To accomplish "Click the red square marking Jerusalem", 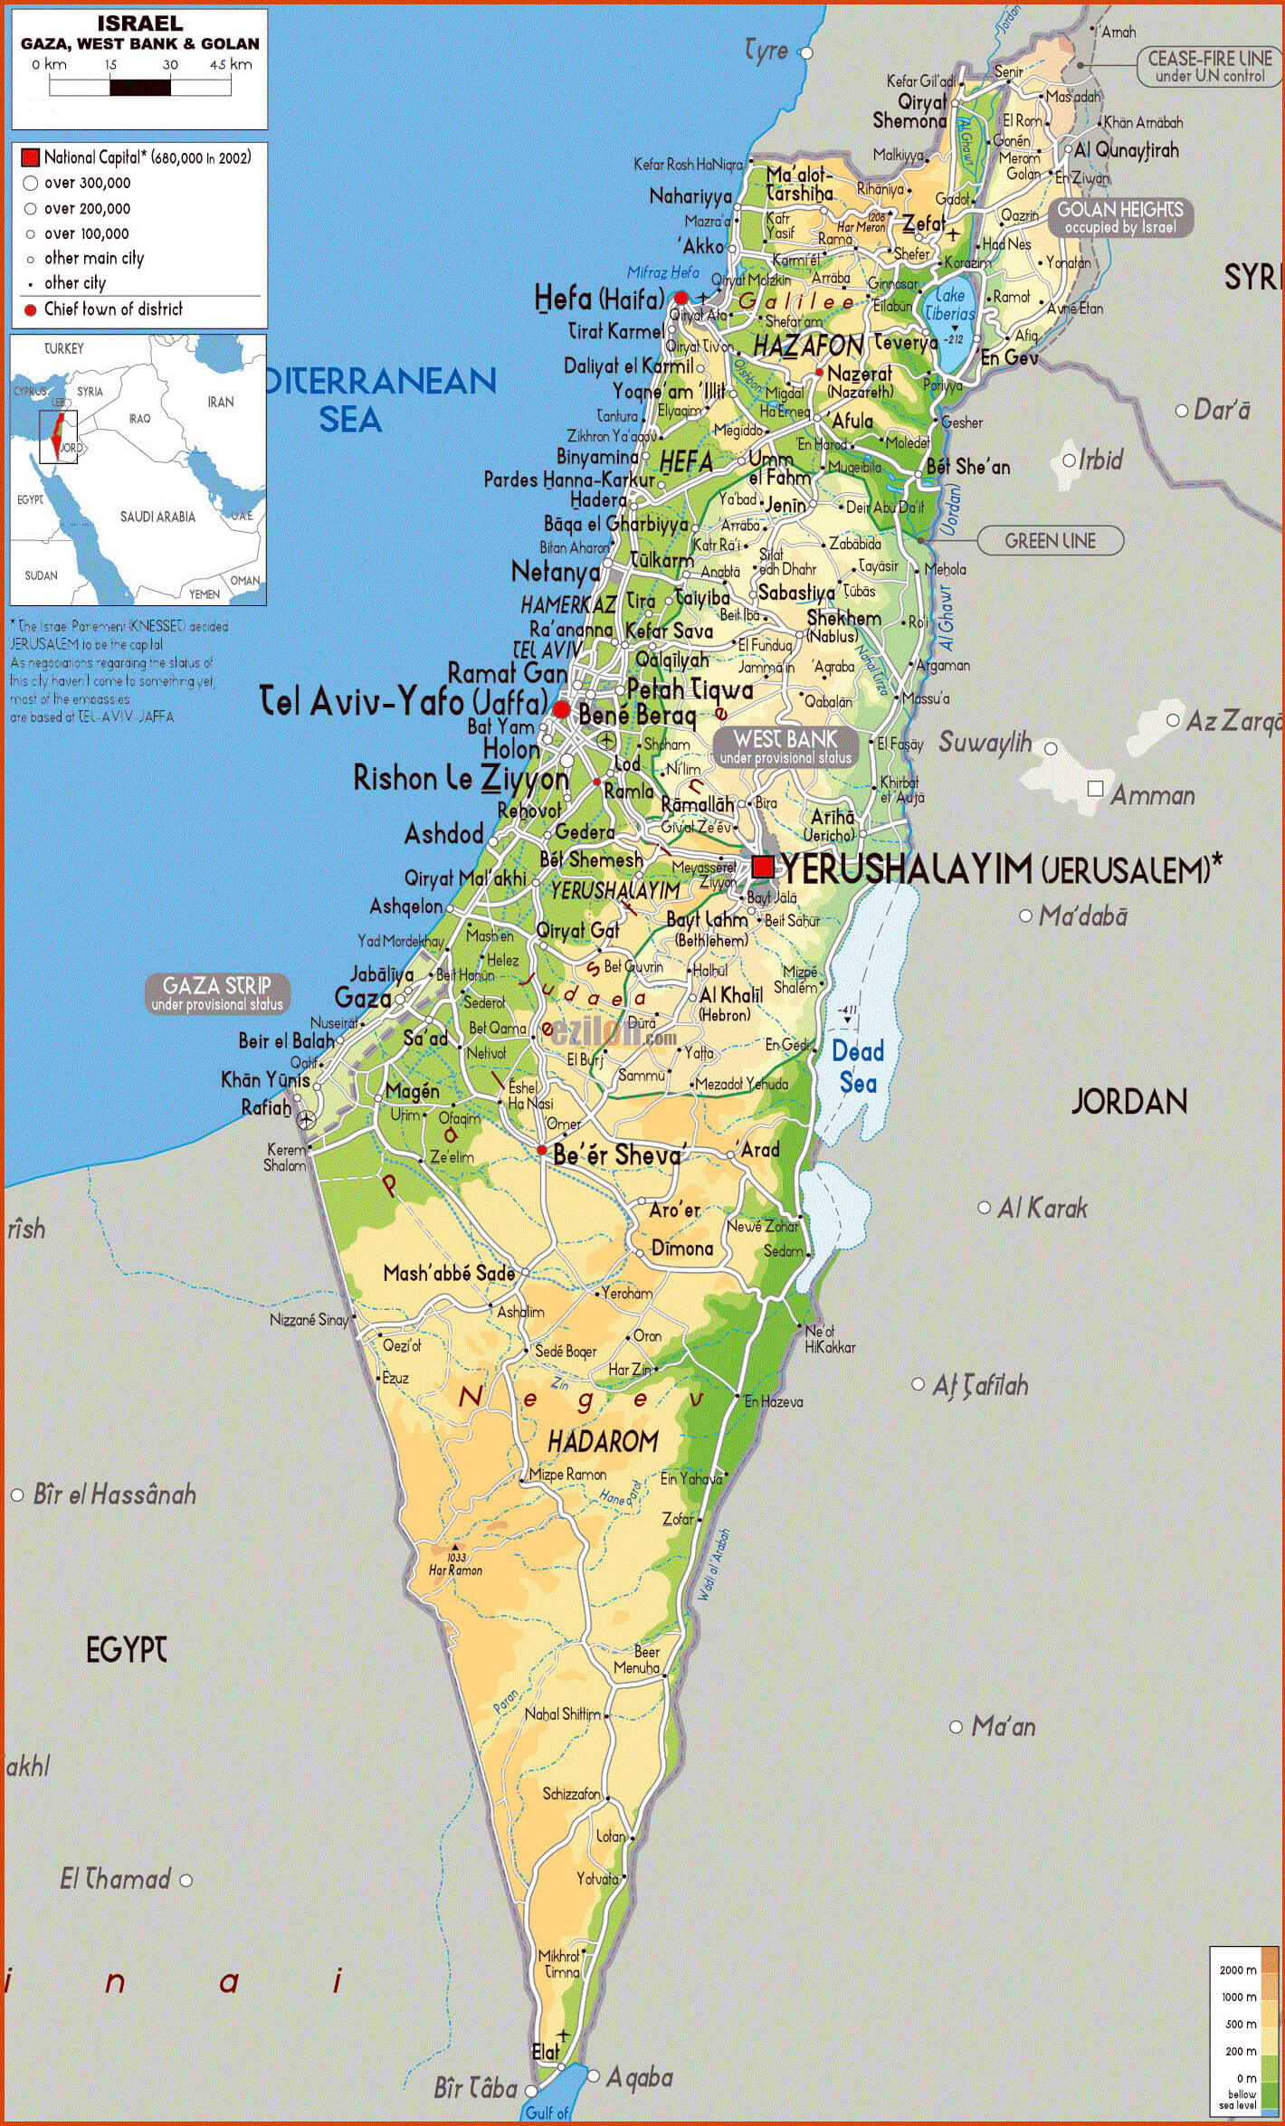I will [763, 867].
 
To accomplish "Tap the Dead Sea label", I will [858, 1067].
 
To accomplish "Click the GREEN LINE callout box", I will [1051, 541].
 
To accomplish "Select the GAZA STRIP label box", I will [217, 993].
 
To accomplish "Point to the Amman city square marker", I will [1095, 789].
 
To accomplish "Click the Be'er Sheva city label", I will [617, 1155].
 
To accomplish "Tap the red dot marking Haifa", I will [681, 298].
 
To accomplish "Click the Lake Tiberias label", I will [950, 304].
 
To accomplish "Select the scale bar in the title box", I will [140, 87].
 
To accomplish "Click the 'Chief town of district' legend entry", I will [113, 309].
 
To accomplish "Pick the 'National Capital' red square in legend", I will [30, 157].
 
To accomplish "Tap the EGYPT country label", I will [126, 1650].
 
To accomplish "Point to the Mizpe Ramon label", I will [567, 1474].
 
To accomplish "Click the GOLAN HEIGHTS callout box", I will [1120, 218].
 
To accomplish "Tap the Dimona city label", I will [682, 1248].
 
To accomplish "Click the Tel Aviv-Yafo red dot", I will [561, 709].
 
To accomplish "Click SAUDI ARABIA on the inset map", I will [157, 517].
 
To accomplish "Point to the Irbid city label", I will [1099, 460].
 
